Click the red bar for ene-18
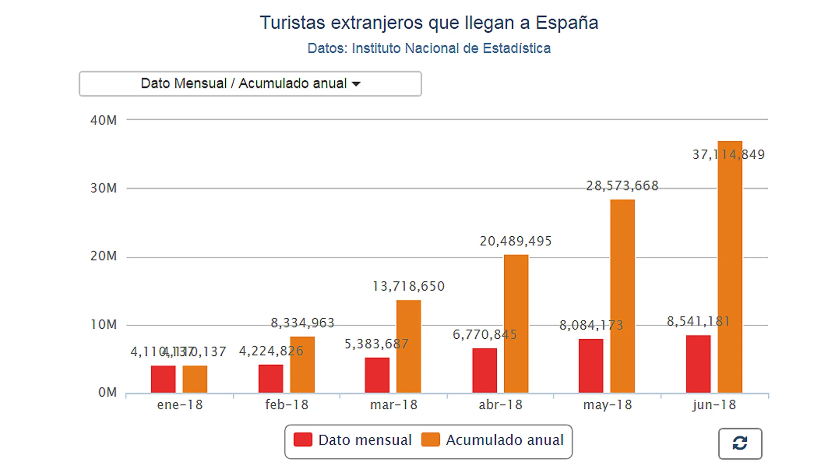tap(163, 379)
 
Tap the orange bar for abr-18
tap(516, 324)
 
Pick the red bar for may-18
tap(591, 366)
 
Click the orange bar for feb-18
tap(302, 364)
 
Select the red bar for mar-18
tap(377, 375)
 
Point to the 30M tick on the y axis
tap(104, 188)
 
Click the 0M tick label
tap(107, 392)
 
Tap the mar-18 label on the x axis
tap(394, 405)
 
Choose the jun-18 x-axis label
tap(714, 405)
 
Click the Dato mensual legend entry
tap(353, 440)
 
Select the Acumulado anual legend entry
tap(493, 440)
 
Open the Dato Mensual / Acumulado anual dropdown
tap(250, 84)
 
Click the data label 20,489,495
tap(516, 241)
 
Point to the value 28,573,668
tap(622, 186)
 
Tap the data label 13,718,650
tap(408, 286)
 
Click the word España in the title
tap(567, 23)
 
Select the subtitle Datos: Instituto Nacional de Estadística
tap(429, 48)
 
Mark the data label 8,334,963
tap(302, 323)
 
